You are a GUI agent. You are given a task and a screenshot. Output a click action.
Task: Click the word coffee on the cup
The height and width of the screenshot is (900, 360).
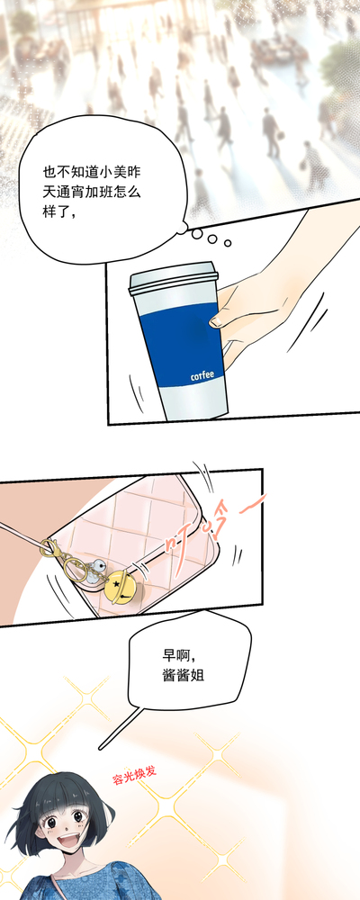click(202, 375)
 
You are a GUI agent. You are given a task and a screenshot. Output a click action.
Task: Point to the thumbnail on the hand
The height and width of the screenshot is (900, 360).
click(218, 321)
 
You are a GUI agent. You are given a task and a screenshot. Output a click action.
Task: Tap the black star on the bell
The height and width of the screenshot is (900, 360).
click(116, 584)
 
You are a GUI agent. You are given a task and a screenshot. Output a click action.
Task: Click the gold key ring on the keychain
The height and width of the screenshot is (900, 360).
click(76, 568)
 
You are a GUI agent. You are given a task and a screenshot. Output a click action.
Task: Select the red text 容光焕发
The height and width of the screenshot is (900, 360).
click(134, 776)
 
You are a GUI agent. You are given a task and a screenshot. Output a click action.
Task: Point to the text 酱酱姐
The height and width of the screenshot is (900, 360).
click(184, 676)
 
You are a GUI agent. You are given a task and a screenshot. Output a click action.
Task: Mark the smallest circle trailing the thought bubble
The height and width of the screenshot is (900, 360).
click(228, 243)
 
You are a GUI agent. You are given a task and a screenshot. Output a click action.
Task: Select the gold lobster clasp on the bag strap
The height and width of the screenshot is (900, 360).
click(50, 549)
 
